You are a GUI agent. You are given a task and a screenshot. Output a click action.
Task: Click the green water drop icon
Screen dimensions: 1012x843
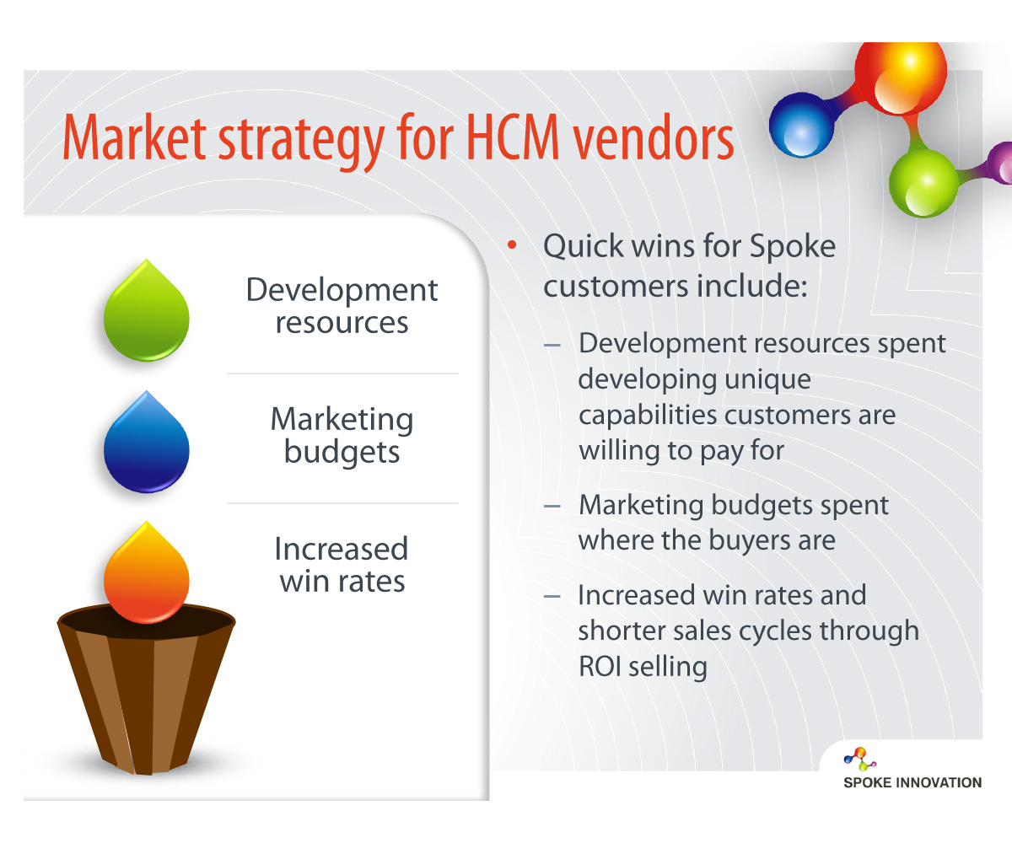point(147,313)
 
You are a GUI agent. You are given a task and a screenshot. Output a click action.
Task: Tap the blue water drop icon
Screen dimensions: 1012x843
point(147,443)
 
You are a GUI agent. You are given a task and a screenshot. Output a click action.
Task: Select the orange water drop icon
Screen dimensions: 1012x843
point(147,574)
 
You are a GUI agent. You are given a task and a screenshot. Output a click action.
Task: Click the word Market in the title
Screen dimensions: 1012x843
point(135,138)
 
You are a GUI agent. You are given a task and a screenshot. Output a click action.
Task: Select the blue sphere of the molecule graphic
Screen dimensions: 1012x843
point(801,125)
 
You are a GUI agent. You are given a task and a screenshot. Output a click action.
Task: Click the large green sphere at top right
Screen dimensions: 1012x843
point(923,183)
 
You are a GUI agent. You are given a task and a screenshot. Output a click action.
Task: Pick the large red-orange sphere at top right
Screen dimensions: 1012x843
point(900,78)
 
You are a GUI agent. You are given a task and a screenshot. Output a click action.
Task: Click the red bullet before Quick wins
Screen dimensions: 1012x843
point(512,244)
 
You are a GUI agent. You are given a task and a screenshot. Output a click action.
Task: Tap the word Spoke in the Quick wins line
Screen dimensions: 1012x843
point(793,247)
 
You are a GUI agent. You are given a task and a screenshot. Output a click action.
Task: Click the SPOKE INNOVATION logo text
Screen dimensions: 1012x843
point(912,782)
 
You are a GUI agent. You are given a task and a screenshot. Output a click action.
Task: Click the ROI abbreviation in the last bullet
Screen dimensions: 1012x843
point(600,666)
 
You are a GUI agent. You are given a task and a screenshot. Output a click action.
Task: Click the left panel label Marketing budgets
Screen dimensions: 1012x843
point(342,435)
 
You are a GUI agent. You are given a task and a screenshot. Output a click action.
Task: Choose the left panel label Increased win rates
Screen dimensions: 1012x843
point(342,565)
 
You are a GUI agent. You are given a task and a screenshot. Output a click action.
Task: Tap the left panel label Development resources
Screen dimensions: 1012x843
point(342,305)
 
